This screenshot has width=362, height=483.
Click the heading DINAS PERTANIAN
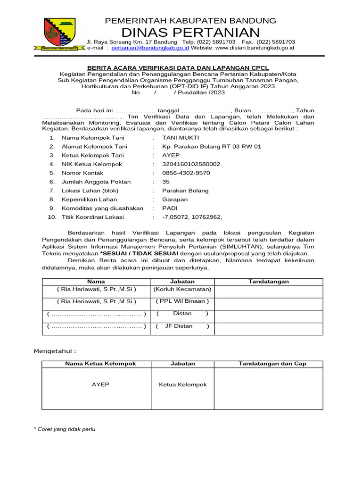[x=190, y=32]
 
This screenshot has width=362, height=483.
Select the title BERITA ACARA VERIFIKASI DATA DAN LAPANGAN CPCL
[x=178, y=68]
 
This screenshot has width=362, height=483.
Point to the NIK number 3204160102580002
[x=191, y=164]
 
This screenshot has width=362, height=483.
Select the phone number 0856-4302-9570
[x=186, y=173]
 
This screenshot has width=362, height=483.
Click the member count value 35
[x=166, y=182]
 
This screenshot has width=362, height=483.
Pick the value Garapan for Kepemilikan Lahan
[x=174, y=200]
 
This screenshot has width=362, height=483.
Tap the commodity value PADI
[x=170, y=208]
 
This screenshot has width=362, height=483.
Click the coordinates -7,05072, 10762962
[x=192, y=217]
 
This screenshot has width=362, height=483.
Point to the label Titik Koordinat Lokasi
[x=92, y=217]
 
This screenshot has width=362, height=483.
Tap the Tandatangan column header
[x=269, y=282]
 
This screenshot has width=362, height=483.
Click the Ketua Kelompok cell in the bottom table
[x=182, y=385]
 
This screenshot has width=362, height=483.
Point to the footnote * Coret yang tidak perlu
[x=65, y=429]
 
